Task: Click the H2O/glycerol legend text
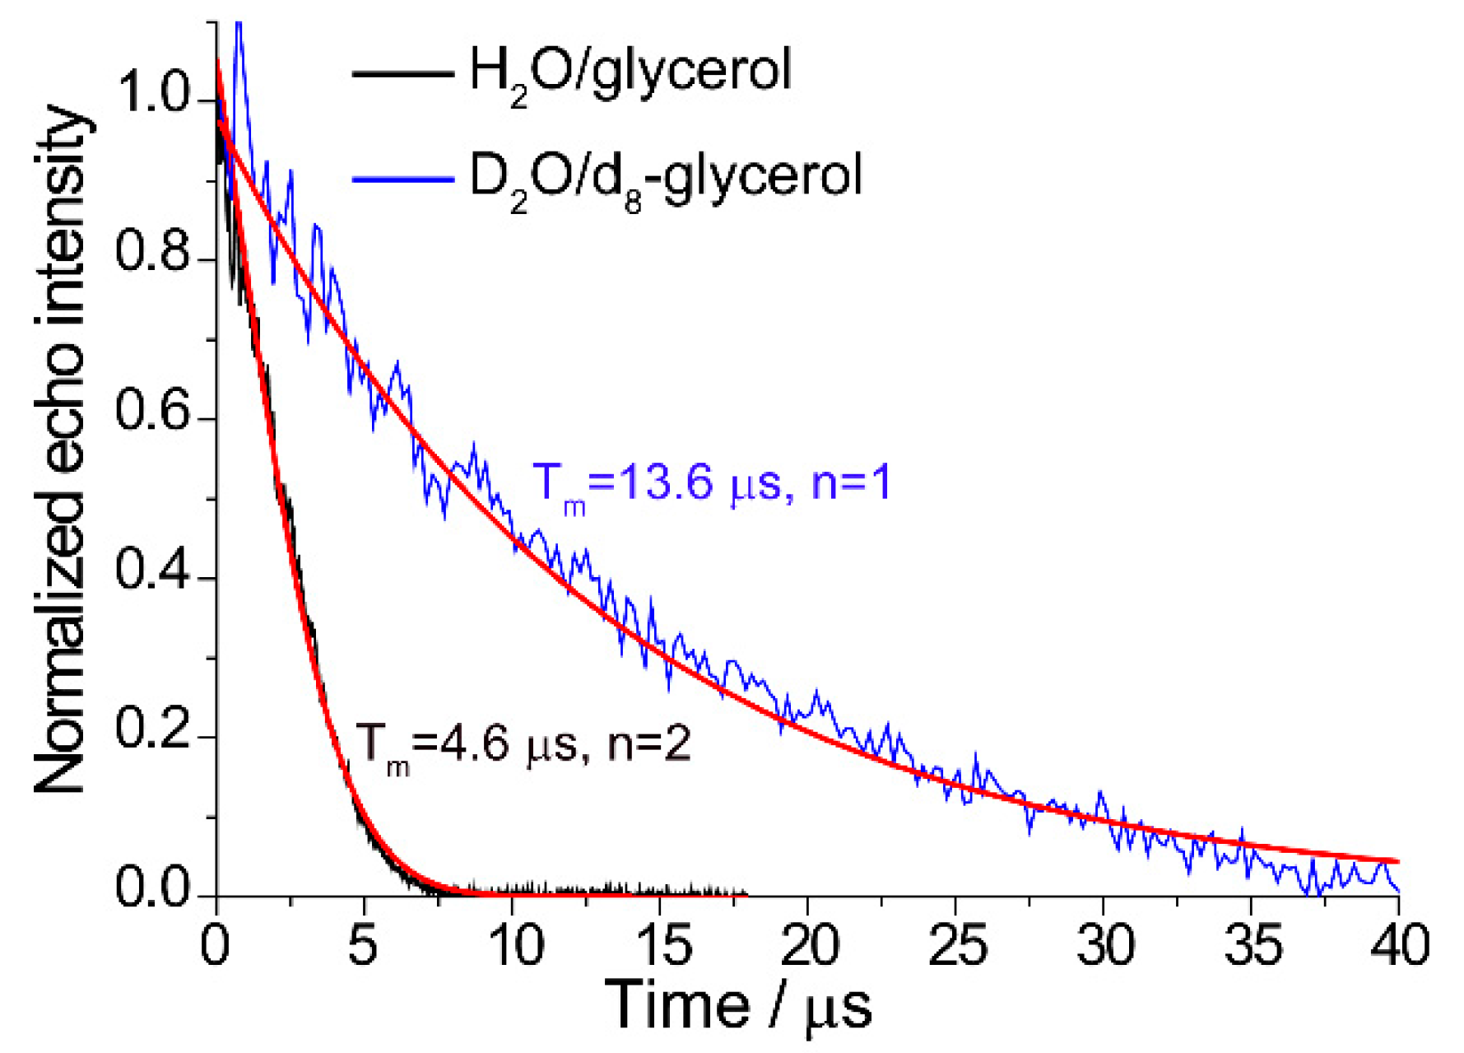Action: [x=630, y=72]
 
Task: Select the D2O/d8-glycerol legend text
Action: [x=665, y=178]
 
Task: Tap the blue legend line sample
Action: [x=402, y=179]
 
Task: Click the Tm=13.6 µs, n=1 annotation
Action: [x=712, y=483]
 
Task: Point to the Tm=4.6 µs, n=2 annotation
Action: [x=523, y=746]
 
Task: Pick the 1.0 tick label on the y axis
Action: [x=152, y=92]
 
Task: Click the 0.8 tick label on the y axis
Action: [x=152, y=252]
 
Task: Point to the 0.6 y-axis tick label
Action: [x=152, y=411]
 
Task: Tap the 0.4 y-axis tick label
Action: [x=152, y=571]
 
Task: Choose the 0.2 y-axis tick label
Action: [x=152, y=729]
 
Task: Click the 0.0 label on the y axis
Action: [x=152, y=889]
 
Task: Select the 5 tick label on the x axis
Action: [x=363, y=945]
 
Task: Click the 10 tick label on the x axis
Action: [x=515, y=945]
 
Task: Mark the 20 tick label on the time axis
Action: [x=810, y=945]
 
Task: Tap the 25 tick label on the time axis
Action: [x=957, y=945]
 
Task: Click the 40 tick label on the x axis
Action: [x=1400, y=945]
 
